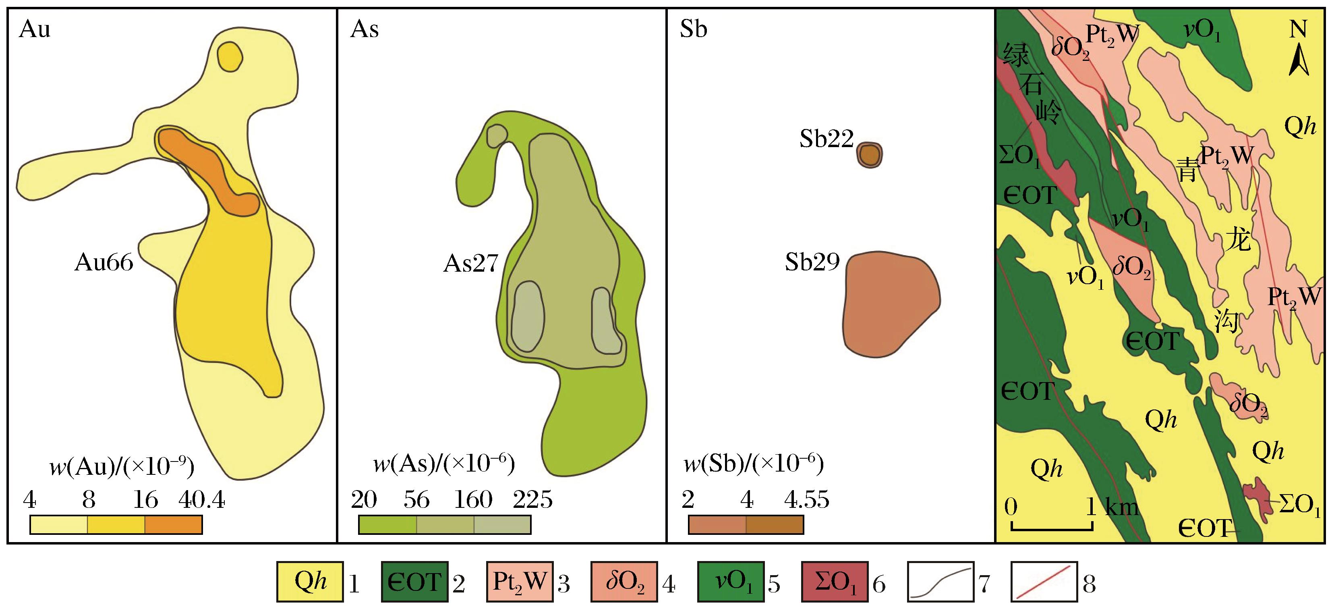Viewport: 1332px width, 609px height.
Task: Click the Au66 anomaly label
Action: [x=104, y=263]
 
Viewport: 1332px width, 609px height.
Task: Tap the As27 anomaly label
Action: [x=470, y=264]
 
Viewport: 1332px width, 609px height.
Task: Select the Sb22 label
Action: [x=826, y=139]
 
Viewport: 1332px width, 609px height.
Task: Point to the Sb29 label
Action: [x=812, y=262]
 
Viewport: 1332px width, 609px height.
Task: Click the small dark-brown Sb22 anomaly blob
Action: [x=870, y=155]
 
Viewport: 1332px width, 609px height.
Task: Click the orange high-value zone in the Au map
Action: [x=208, y=171]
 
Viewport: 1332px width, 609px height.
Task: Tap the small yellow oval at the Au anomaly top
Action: [x=230, y=56]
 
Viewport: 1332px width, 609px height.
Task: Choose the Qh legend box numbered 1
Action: [x=310, y=582]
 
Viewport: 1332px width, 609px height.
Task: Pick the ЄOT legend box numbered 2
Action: [x=415, y=582]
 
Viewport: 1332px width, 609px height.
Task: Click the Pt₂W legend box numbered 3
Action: [x=520, y=582]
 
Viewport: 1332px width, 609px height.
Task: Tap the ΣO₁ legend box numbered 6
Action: [x=835, y=582]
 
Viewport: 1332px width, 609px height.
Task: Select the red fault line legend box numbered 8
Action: [x=1044, y=582]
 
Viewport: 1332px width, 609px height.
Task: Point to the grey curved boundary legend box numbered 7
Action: [x=940, y=582]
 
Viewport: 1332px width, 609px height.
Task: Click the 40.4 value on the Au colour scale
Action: [x=202, y=500]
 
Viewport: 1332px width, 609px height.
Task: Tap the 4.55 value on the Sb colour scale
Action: [x=807, y=500]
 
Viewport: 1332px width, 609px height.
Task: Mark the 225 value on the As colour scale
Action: [x=532, y=500]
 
